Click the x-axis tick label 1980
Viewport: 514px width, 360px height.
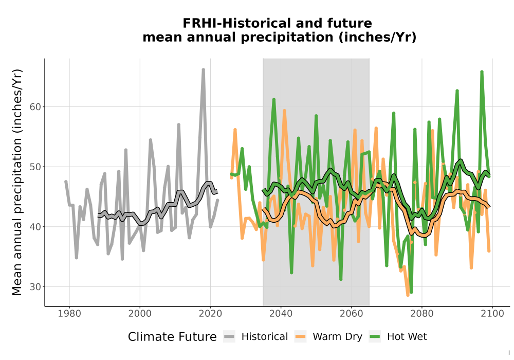[x=69, y=314]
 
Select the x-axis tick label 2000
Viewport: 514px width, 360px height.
[x=140, y=314]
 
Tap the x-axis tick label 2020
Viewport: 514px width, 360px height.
[x=210, y=314]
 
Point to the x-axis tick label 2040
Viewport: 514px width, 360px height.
[x=281, y=314]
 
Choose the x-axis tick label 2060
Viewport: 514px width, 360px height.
[x=351, y=314]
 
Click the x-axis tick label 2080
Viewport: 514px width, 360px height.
[x=422, y=314]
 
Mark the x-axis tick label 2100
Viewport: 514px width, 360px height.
[x=492, y=314]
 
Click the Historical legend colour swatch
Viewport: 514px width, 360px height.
[x=229, y=337]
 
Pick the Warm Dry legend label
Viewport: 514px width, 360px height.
[x=337, y=337]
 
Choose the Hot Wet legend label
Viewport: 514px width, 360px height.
[x=407, y=337]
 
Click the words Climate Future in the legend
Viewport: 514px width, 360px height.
[x=172, y=337]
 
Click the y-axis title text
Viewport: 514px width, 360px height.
[x=17, y=182]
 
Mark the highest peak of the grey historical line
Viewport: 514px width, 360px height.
[x=203, y=69]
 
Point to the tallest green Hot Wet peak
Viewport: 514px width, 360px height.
[x=482, y=71]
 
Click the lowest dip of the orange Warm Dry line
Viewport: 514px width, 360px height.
[x=408, y=295]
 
